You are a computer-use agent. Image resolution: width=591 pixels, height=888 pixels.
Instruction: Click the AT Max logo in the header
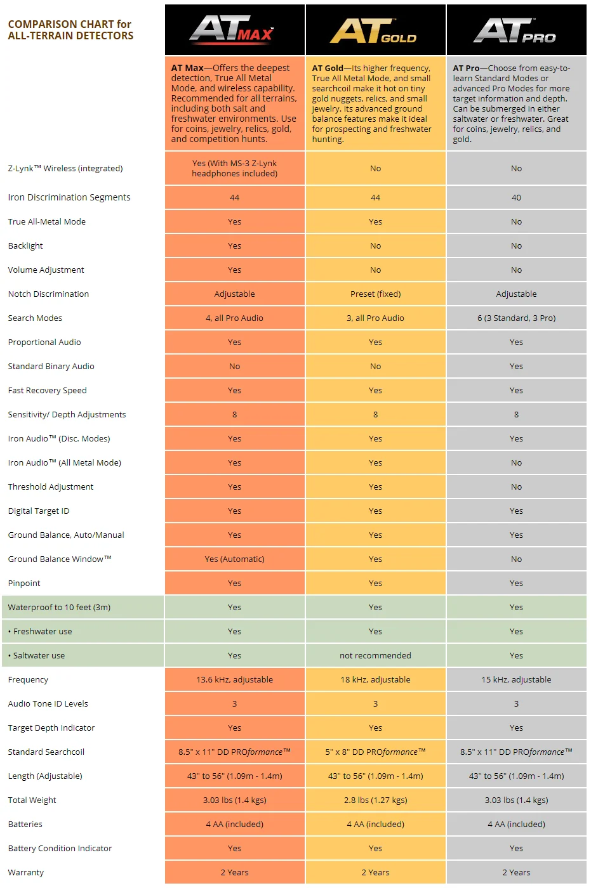[232, 30]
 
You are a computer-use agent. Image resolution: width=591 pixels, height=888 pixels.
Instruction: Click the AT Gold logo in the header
[373, 31]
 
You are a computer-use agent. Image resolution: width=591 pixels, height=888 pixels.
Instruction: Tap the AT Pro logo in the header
[515, 30]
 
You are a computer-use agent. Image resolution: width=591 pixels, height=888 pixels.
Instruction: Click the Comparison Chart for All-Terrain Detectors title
[70, 30]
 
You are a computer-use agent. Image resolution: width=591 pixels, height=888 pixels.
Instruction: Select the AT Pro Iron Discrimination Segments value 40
[516, 197]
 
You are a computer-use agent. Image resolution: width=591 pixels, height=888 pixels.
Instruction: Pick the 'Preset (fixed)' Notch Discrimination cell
[375, 294]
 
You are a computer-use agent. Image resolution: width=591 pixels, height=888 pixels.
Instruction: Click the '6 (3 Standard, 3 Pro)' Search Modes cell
[516, 318]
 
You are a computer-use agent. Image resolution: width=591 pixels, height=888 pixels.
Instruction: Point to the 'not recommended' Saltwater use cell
[375, 655]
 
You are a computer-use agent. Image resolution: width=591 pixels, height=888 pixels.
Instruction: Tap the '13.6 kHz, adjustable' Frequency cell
[234, 679]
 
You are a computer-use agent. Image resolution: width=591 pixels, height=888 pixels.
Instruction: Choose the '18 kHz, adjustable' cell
[375, 679]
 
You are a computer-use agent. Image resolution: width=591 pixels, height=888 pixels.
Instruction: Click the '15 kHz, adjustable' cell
[516, 679]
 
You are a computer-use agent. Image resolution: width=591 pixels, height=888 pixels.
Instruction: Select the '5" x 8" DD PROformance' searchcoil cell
[375, 752]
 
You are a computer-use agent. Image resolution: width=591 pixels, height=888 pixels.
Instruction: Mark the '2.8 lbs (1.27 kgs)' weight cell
[375, 800]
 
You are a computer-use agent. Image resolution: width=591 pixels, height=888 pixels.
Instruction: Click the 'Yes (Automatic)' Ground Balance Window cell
[234, 559]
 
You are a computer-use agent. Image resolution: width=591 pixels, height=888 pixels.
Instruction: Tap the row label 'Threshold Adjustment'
[51, 487]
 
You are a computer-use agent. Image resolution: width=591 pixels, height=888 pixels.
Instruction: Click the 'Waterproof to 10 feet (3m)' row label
[59, 608]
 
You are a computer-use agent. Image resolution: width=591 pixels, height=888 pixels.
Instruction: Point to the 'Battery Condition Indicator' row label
[60, 849]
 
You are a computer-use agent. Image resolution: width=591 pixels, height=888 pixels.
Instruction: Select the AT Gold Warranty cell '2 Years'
[375, 872]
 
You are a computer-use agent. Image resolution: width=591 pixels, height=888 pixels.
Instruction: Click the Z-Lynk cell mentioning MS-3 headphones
[234, 168]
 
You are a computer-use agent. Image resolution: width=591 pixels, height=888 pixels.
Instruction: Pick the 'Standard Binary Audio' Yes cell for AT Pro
[516, 367]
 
